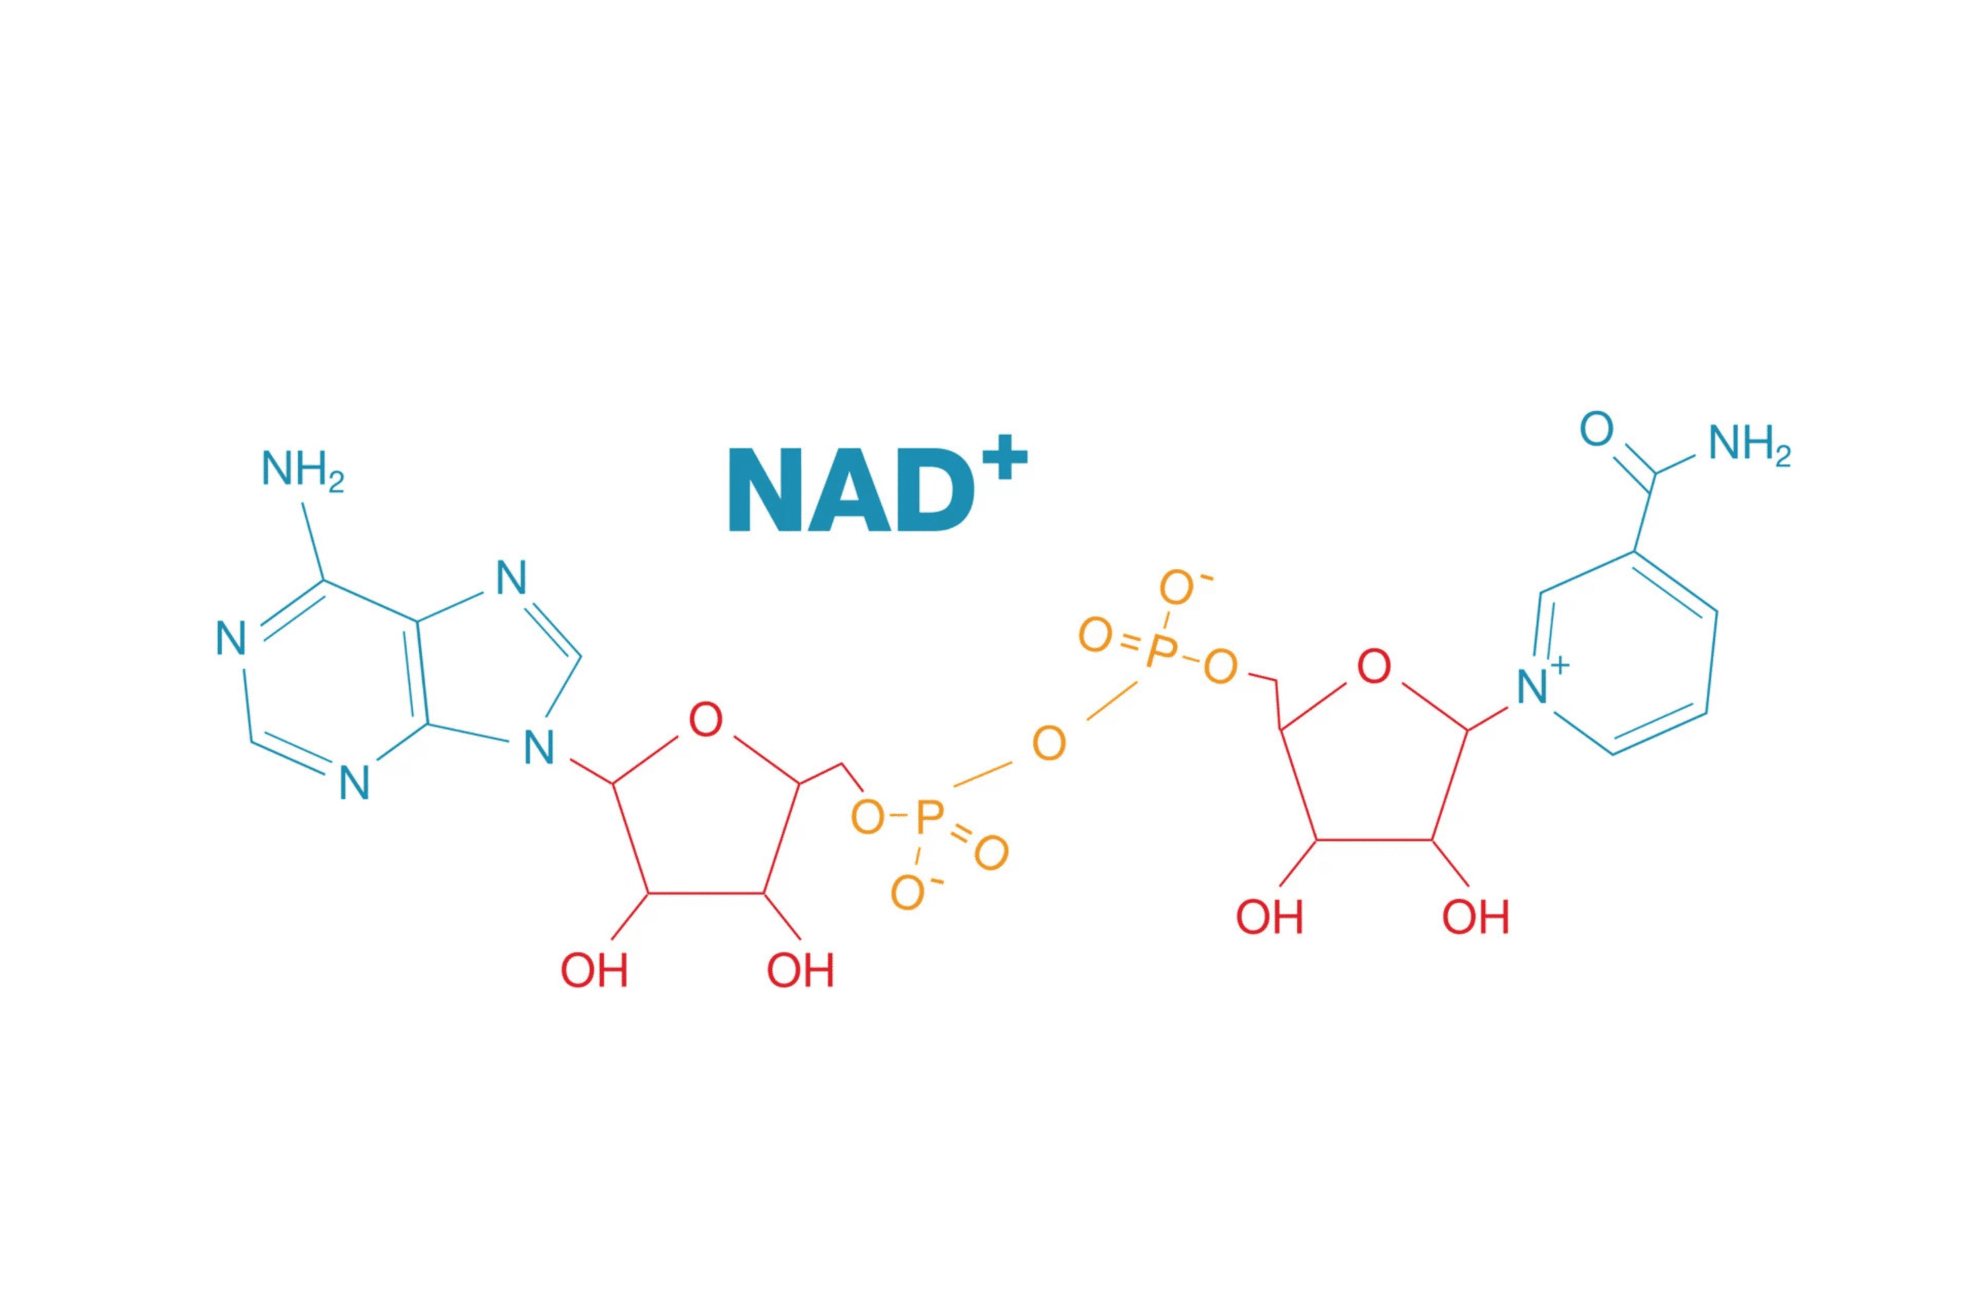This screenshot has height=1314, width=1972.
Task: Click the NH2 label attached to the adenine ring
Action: (303, 470)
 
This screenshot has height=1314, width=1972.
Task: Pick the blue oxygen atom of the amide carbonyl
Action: (1596, 429)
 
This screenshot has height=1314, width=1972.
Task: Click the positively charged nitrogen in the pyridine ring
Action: (1532, 687)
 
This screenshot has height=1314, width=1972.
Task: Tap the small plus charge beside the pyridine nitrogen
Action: (1558, 666)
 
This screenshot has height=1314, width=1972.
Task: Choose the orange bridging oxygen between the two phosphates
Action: (1049, 744)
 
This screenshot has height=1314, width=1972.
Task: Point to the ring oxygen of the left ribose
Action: (705, 720)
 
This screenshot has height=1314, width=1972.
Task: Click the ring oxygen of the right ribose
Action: (1374, 666)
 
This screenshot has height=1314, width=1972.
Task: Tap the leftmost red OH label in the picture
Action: (594, 971)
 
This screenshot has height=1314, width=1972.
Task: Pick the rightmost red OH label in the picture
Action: (1476, 917)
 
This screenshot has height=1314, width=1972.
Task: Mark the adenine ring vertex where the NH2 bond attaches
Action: (324, 580)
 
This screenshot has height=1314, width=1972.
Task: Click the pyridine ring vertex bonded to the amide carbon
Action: (1634, 551)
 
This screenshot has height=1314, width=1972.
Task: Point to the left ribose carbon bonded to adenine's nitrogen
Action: (613, 784)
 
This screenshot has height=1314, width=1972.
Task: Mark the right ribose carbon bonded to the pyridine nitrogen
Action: (1468, 731)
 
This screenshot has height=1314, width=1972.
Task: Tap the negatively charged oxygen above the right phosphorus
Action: (1177, 587)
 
